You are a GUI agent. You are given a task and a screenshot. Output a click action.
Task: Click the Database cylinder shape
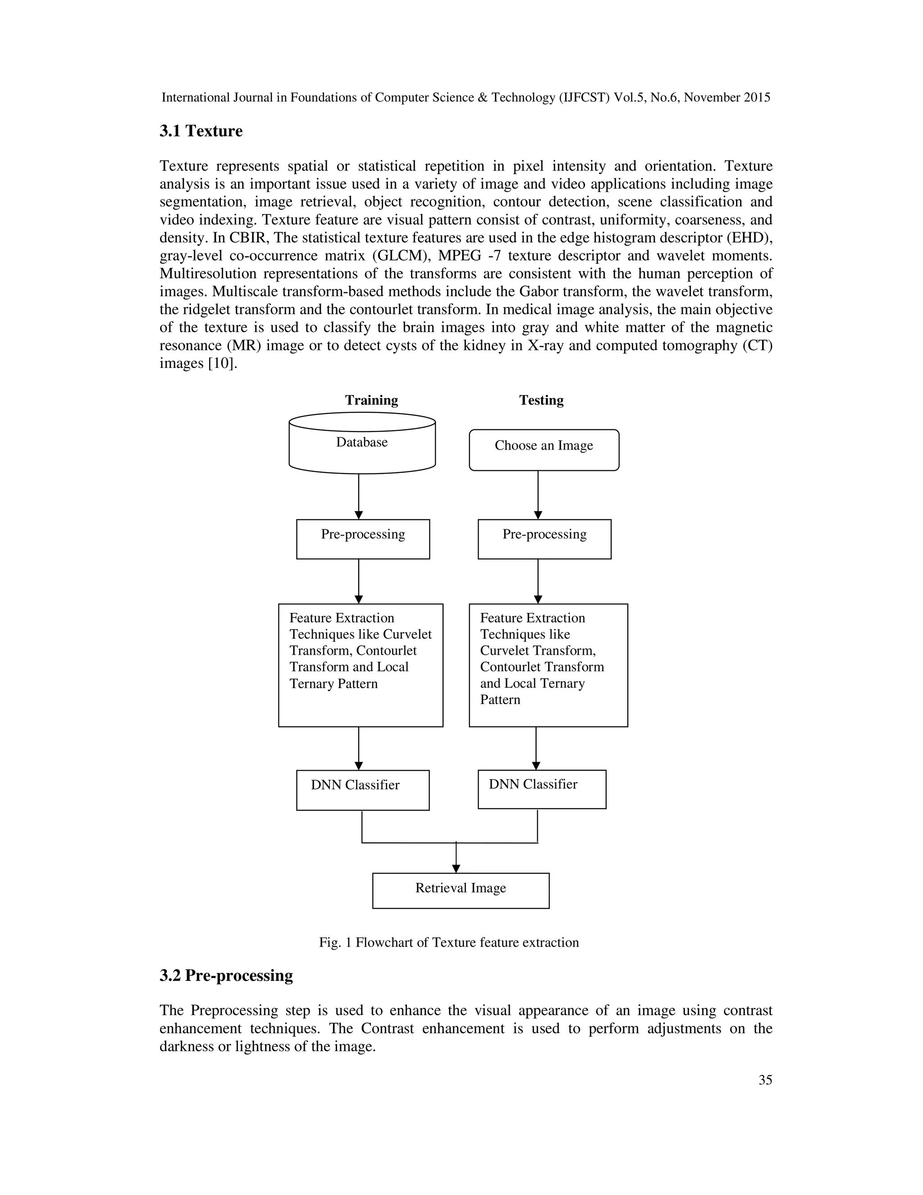point(362,443)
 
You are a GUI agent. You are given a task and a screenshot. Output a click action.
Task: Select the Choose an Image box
point(544,450)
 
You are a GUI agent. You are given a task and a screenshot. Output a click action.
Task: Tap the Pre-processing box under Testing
point(544,539)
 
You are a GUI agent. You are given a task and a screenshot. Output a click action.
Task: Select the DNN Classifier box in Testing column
point(541,789)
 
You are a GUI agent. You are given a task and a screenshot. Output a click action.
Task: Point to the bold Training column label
point(371,400)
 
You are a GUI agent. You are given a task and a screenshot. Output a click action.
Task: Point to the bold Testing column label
point(541,400)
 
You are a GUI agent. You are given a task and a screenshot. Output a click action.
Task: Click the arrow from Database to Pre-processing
point(359,495)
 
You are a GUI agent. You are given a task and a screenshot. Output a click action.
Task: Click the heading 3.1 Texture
point(201,131)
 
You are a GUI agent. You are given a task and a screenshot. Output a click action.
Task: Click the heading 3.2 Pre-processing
point(226,975)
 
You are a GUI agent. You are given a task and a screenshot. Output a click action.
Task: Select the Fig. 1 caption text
point(448,942)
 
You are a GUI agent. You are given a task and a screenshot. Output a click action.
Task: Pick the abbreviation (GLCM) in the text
point(398,256)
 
